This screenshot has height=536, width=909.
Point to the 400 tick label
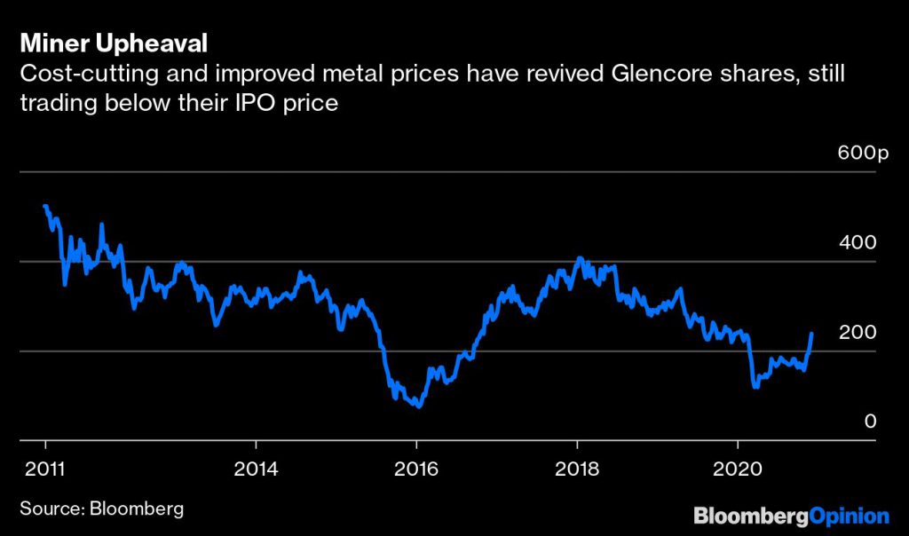pos(858,242)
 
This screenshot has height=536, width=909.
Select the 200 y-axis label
pos(858,332)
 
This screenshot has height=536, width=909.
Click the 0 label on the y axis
pos(871,422)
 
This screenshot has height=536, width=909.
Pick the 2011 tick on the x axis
pos(44,470)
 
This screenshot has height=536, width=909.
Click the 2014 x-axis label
pos(256,470)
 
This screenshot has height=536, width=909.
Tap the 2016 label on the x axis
pos(416,470)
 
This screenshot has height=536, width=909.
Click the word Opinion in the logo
pos(850,515)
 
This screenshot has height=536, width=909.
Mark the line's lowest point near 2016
pos(417,406)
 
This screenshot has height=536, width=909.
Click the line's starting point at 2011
pos(44,206)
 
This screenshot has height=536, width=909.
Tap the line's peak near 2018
pos(580,258)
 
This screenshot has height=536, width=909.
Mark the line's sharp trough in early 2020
pos(755,387)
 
